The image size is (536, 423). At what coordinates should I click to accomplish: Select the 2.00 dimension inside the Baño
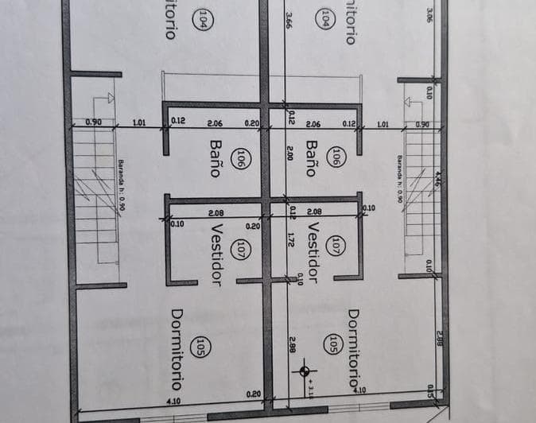click(289, 153)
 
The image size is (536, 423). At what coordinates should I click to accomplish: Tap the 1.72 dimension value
click(291, 239)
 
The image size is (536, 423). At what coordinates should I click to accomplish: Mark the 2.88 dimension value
click(438, 340)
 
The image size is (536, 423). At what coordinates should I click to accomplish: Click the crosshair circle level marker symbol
click(305, 370)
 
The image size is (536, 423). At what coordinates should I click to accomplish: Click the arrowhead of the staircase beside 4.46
click(409, 102)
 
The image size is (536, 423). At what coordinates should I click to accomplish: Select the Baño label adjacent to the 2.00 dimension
click(313, 157)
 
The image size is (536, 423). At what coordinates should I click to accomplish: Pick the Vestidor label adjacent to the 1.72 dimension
click(313, 253)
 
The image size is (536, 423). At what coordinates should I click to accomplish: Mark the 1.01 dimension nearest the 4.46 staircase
click(383, 124)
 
